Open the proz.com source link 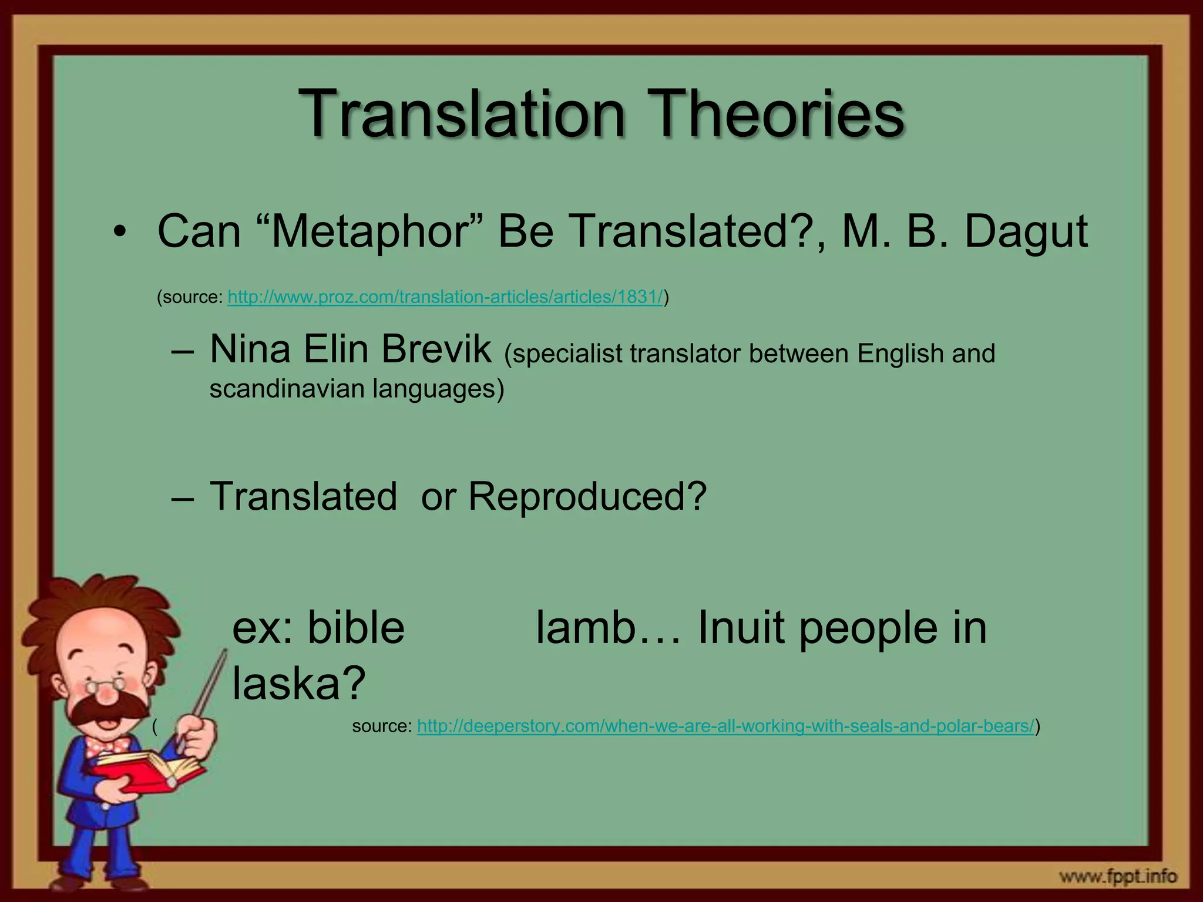[x=445, y=298]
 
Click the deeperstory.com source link [x=725, y=726]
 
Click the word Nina [x=250, y=349]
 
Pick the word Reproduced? [x=587, y=497]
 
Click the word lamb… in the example [x=609, y=628]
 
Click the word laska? [x=298, y=684]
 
